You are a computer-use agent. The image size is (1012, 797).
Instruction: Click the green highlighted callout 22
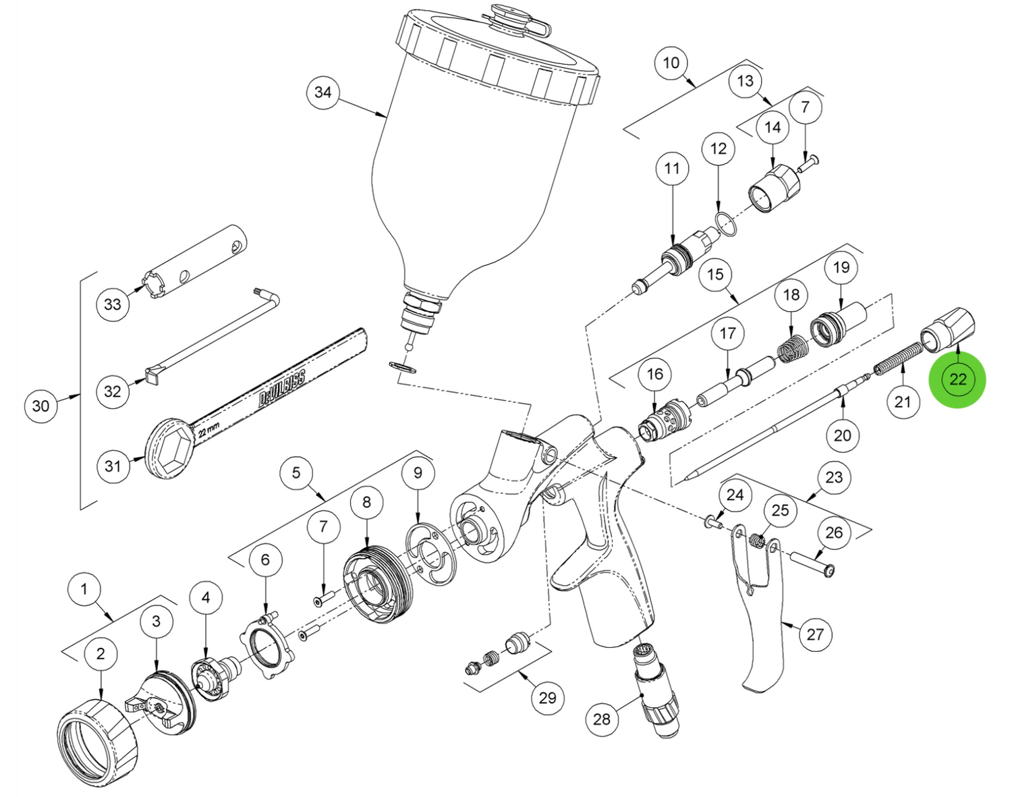click(x=957, y=379)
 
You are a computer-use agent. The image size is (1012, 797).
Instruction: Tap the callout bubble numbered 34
click(x=323, y=92)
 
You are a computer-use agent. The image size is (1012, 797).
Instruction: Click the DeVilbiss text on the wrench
click(x=283, y=387)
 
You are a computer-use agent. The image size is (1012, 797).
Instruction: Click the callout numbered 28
click(x=602, y=719)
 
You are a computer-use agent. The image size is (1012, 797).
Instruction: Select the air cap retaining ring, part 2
click(x=97, y=742)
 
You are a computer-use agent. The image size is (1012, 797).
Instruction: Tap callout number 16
click(x=655, y=374)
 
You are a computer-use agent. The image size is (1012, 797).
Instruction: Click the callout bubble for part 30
click(x=40, y=406)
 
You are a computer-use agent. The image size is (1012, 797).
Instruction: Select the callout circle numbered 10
click(x=671, y=63)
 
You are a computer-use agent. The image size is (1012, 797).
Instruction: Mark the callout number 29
click(x=547, y=697)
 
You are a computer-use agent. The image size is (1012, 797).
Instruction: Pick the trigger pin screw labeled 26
click(x=812, y=564)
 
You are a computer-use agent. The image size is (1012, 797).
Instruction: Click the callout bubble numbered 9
click(x=418, y=473)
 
